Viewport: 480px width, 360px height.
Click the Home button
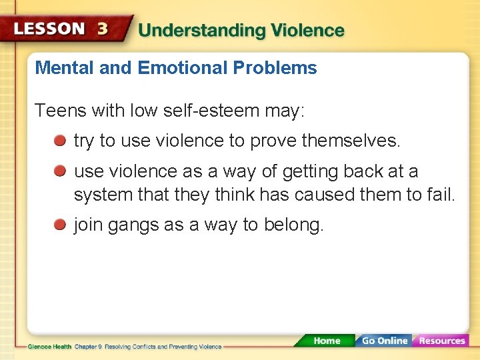coord(327,341)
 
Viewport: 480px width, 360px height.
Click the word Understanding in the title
coord(193,31)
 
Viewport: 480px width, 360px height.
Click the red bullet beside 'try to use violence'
coord(60,141)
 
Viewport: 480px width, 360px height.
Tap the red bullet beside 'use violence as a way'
coord(60,172)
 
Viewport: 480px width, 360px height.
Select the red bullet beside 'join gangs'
coord(60,225)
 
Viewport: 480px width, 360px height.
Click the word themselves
coord(351,141)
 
